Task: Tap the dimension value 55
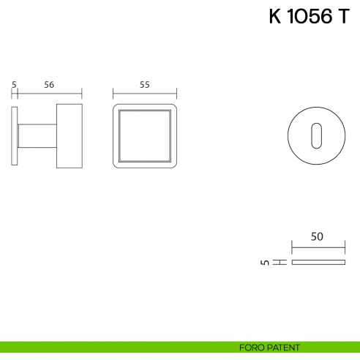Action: click(x=144, y=85)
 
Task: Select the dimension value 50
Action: click(x=317, y=236)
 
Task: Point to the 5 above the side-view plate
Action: click(x=14, y=85)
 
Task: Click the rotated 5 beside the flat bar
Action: click(x=263, y=262)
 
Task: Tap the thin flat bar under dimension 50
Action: click(x=318, y=262)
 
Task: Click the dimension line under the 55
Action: click(x=145, y=94)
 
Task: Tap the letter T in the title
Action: click(x=343, y=18)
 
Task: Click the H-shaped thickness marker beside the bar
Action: click(x=278, y=262)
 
